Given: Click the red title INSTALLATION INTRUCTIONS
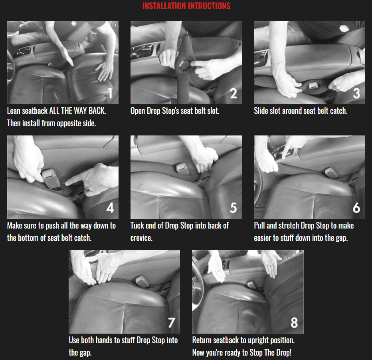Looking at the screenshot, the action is point(186,6).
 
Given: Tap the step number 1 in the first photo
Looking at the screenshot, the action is point(110,93).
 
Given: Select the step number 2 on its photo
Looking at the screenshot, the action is point(233,93).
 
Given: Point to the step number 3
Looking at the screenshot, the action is point(356,93).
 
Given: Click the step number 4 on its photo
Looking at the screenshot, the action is point(110,208).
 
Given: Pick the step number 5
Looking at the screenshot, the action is point(233,208).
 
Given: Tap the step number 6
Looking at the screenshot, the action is point(356,208).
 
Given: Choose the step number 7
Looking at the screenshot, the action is point(172,323).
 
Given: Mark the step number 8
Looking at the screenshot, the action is point(294,323).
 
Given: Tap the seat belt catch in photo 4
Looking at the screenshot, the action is point(50,179).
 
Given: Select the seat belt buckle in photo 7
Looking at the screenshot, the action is point(142,282).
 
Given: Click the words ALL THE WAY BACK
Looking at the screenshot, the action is point(77,111).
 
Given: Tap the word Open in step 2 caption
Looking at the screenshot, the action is point(138,111).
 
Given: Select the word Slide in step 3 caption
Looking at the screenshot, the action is point(261,111).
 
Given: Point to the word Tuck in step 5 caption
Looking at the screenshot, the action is point(137,226).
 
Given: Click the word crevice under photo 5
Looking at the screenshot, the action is point(141,238).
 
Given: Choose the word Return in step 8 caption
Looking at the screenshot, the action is point(202,340).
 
